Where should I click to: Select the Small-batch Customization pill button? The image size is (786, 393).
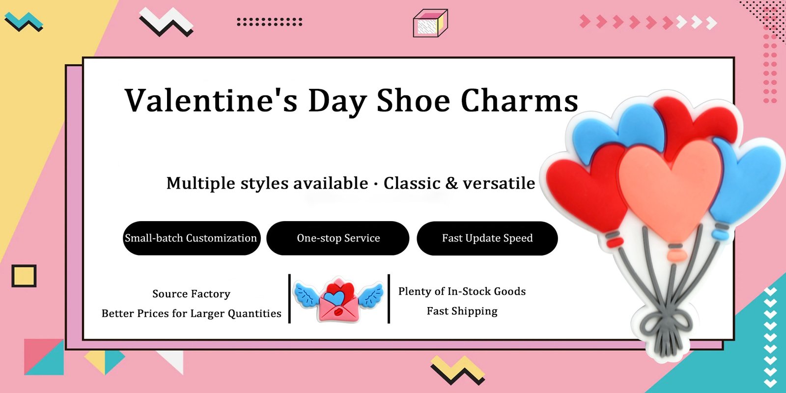click(x=191, y=238)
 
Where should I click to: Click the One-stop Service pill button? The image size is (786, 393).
click(x=338, y=238)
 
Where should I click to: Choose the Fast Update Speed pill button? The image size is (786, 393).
click(x=487, y=238)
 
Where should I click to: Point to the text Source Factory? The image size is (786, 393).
click(x=191, y=294)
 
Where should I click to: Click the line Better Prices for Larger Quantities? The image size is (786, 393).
click(x=191, y=313)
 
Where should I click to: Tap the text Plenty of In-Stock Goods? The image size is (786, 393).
click(x=462, y=291)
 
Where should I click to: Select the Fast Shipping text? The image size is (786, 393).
click(x=462, y=311)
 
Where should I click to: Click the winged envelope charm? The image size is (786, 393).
click(x=338, y=300)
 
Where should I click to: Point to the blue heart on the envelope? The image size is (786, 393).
click(x=335, y=298)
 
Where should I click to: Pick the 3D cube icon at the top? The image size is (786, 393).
click(x=430, y=23)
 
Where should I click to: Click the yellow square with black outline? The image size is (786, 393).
click(x=24, y=276)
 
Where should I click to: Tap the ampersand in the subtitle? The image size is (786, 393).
click(x=451, y=183)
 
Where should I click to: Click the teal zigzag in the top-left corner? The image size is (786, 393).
click(x=23, y=21)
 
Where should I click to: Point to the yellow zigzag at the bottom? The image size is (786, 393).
click(x=457, y=369)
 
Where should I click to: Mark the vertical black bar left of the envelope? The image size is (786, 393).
click(x=289, y=299)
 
